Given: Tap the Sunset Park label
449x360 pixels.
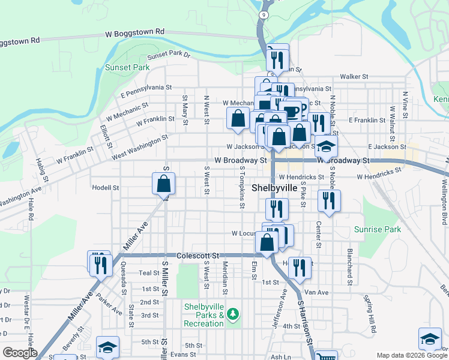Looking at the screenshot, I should click(127, 67).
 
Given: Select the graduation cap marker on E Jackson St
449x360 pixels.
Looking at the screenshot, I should click(326, 146).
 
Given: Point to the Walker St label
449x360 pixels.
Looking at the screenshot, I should click(354, 76).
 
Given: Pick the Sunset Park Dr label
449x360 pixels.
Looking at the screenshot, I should click(169, 55).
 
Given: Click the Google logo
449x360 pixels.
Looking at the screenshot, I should click(20, 353).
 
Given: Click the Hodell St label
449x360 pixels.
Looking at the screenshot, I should click(106, 188).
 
